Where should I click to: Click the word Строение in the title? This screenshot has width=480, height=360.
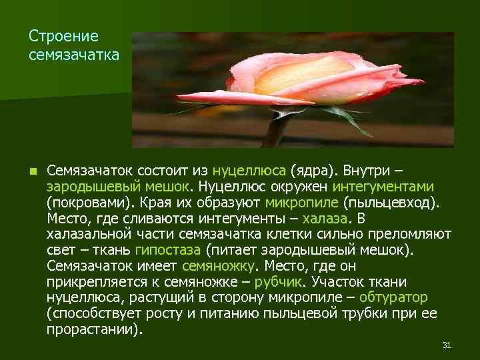pos(64,36)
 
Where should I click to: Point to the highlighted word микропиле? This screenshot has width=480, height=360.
pos(301,203)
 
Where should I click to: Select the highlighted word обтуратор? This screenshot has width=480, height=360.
pos(393,297)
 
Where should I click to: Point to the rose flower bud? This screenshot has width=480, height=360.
pos(313,80)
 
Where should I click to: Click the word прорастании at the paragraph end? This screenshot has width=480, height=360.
pos(93,329)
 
